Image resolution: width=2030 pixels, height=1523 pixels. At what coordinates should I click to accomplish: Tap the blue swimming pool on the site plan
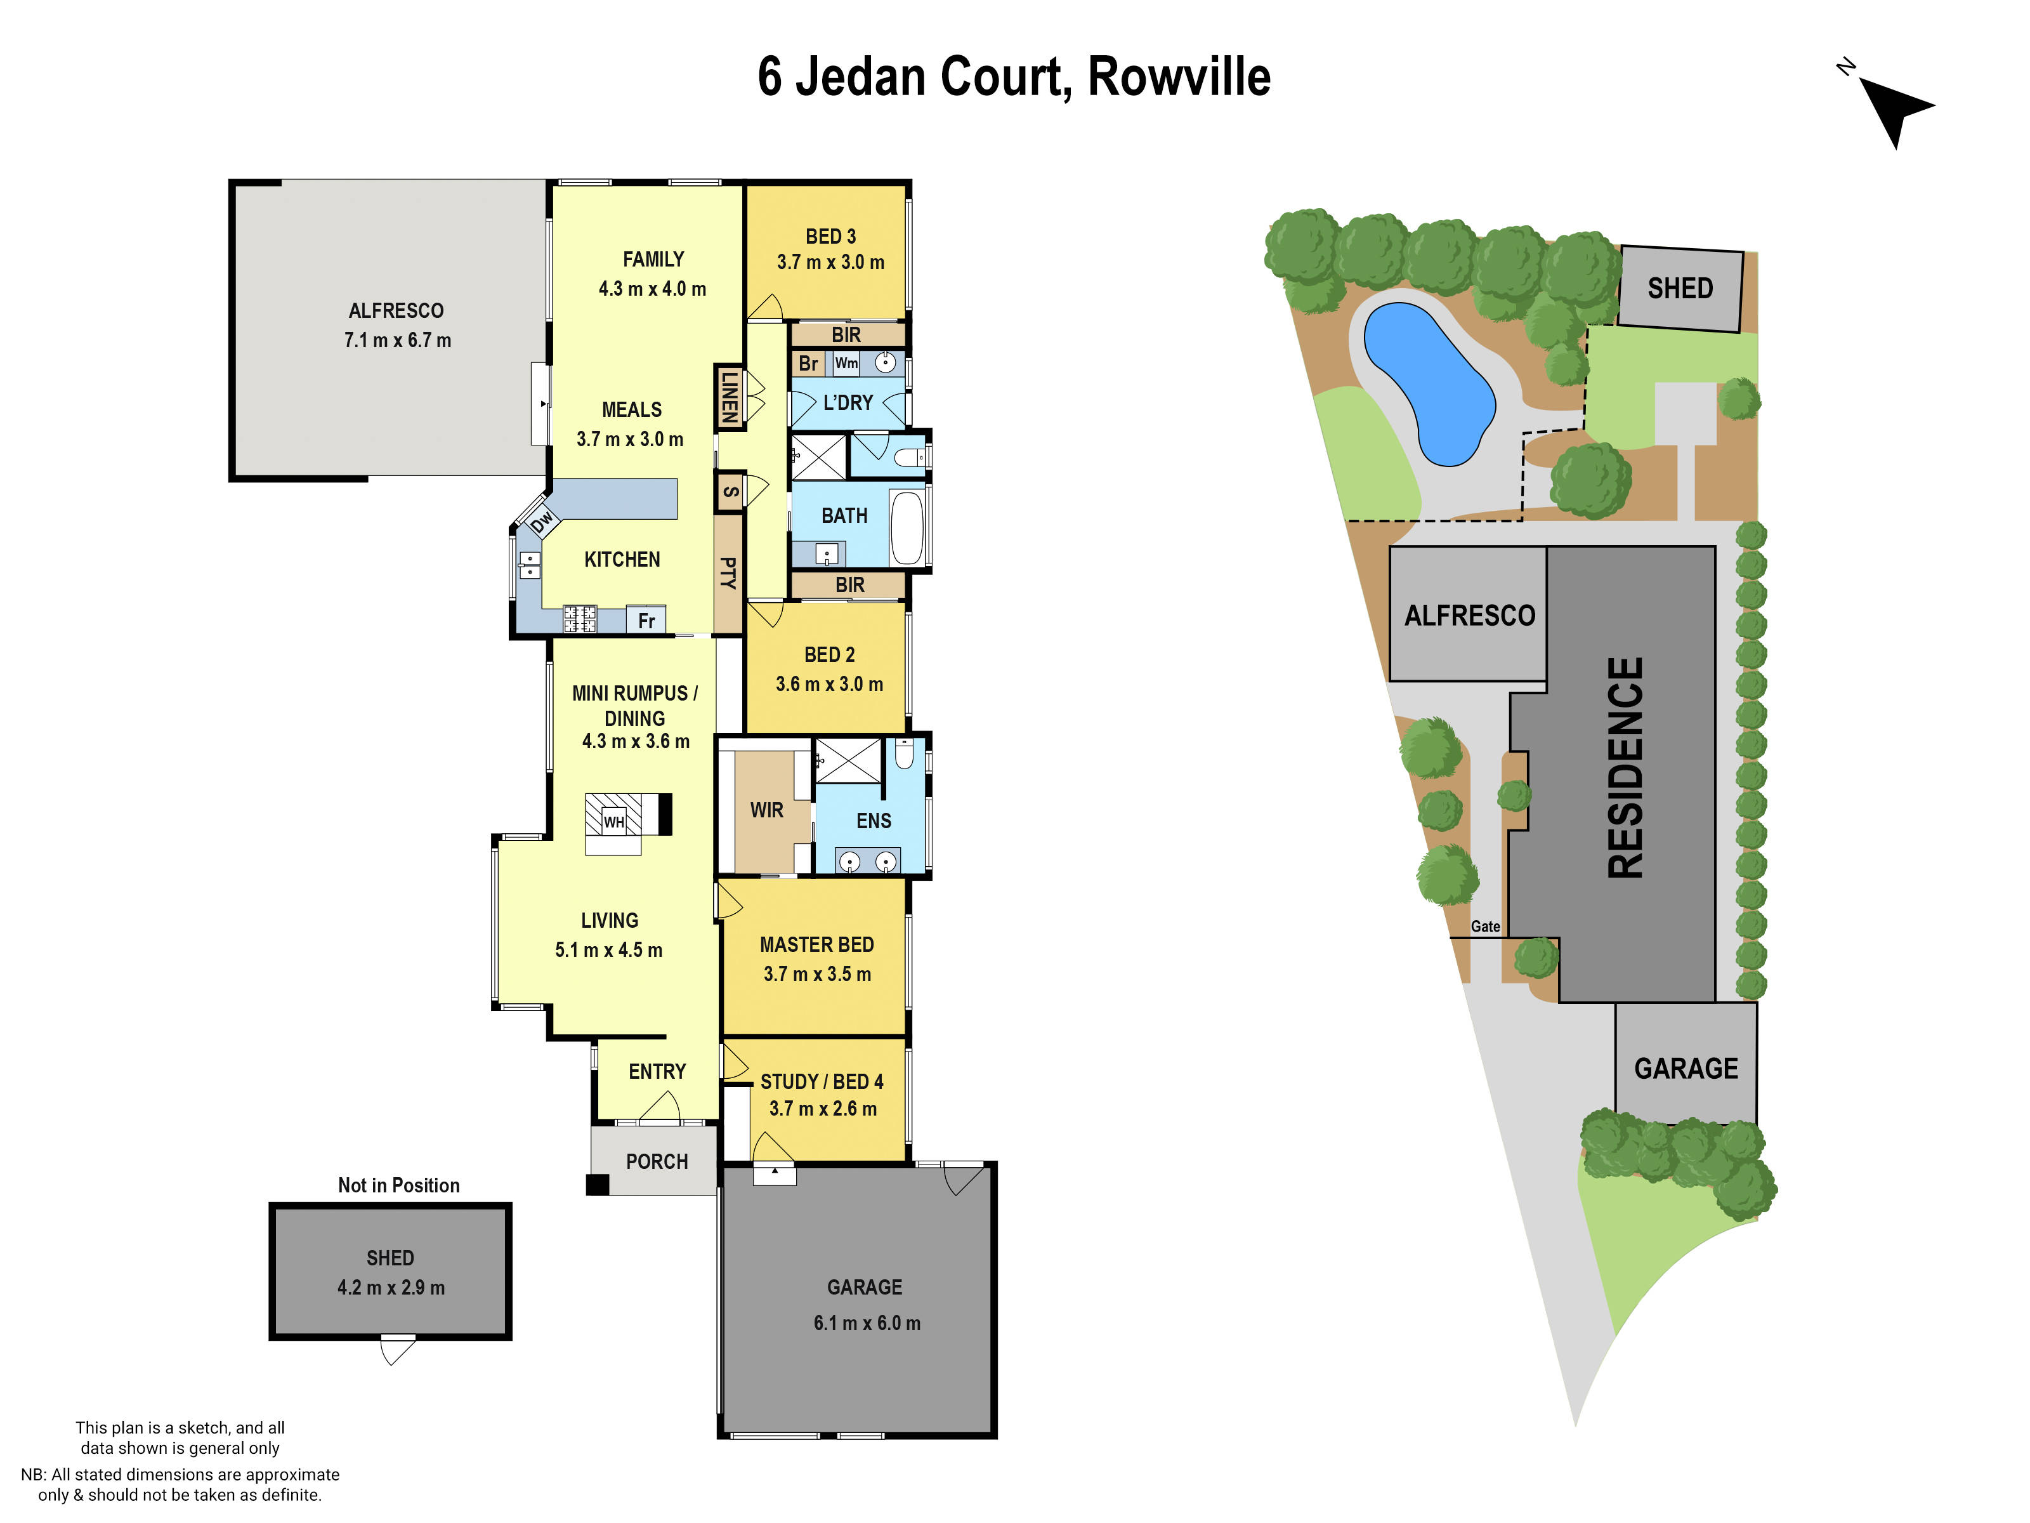click(x=1428, y=381)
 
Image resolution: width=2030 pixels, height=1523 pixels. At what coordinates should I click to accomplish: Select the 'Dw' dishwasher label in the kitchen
click(x=542, y=522)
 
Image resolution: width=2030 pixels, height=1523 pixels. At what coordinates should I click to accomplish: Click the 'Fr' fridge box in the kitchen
click(x=646, y=621)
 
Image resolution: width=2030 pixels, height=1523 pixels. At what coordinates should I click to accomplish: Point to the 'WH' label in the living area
click(x=613, y=822)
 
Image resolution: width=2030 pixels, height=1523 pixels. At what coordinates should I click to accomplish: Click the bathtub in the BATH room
click(x=907, y=528)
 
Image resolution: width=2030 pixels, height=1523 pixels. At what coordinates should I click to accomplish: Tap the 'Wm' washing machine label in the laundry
click(x=846, y=364)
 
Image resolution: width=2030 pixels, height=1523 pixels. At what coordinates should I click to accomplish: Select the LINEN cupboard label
click(x=729, y=397)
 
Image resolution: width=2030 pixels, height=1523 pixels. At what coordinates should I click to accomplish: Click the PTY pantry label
click(x=728, y=573)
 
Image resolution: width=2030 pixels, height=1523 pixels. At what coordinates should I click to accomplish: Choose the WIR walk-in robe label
click(x=766, y=810)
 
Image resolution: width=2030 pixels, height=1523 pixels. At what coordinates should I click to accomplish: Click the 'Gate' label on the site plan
click(x=1485, y=926)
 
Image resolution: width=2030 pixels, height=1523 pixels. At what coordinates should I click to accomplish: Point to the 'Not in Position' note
click(x=398, y=1185)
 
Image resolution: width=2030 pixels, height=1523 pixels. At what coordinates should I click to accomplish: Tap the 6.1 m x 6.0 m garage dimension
click(x=867, y=1323)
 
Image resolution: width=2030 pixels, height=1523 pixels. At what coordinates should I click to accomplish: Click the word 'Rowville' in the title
click(x=1179, y=77)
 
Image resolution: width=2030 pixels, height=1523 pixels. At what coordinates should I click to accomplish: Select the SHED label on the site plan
click(x=1679, y=288)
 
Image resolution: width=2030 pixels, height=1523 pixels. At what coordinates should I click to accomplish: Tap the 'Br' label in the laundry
click(x=808, y=364)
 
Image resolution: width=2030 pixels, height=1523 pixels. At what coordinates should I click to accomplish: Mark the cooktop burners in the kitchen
click(x=579, y=619)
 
